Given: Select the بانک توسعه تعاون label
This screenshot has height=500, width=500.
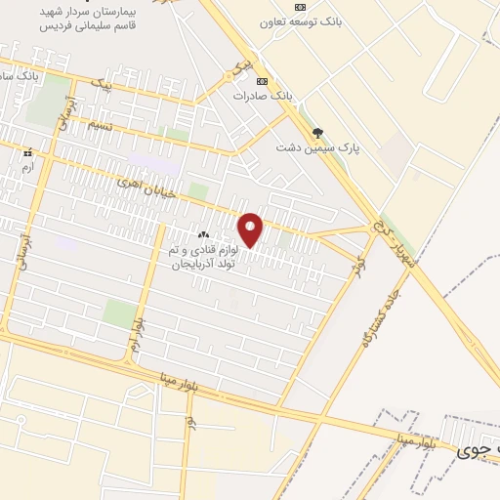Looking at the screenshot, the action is (x=299, y=21).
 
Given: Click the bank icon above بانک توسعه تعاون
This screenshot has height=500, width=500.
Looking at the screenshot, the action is (x=299, y=6).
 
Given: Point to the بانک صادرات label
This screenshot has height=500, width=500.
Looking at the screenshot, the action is (x=263, y=96).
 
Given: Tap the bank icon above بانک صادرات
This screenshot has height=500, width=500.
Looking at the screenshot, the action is (x=262, y=81).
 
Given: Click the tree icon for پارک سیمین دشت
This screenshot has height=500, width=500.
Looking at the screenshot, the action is (x=316, y=133).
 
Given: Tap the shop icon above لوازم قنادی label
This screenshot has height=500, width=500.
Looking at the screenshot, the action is (x=204, y=235).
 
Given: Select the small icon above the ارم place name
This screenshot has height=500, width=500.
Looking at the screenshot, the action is (x=27, y=153).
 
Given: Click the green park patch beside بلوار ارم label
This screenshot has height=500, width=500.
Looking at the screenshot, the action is (x=120, y=313).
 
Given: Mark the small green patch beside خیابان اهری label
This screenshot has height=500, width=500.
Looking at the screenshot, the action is (x=199, y=190).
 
